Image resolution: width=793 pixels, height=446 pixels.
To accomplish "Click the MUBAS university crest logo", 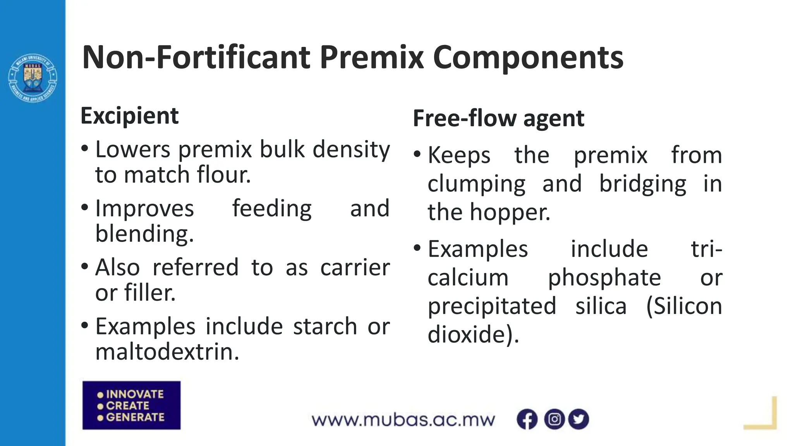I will click(x=33, y=78).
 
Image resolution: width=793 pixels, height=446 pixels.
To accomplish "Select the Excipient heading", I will click(x=129, y=116).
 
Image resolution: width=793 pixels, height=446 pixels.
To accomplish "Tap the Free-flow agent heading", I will click(x=498, y=118).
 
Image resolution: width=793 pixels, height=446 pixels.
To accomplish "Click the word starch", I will click(x=325, y=326).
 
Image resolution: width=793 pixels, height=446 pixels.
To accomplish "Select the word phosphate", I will click(x=604, y=278).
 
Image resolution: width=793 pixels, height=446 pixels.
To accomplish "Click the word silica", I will click(x=601, y=306).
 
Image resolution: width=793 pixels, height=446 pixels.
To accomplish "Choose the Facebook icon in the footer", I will click(x=527, y=419).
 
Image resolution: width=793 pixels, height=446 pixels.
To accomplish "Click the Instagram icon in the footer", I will click(x=554, y=419).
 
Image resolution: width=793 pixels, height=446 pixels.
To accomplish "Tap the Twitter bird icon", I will click(x=578, y=419).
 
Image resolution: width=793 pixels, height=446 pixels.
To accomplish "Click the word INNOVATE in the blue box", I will click(x=135, y=394).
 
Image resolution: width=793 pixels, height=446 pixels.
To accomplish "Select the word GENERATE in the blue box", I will click(x=135, y=417).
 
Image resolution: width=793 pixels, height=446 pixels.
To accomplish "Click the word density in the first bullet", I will click(x=351, y=149).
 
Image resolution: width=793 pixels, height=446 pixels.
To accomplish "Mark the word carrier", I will click(x=355, y=268).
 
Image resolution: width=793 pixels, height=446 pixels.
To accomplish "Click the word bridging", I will click(x=642, y=184).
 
